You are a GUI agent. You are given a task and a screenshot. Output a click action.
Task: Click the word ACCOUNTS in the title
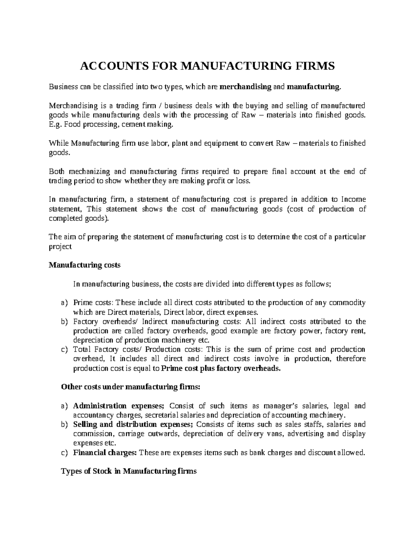tap(107, 66)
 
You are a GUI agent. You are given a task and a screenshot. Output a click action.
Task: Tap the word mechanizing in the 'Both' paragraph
tap(89, 172)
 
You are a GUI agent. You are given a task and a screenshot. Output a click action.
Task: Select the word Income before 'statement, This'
tap(353, 199)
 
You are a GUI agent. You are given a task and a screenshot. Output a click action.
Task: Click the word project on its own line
tap(60, 246)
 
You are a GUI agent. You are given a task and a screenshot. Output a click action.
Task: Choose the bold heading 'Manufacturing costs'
tap(85, 265)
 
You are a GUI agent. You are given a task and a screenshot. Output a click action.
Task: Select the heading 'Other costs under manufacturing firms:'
tap(130, 387)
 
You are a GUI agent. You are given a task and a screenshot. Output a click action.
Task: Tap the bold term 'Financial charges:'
tap(105, 452)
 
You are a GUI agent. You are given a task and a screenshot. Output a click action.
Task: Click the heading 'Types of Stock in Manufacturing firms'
tap(129, 471)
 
